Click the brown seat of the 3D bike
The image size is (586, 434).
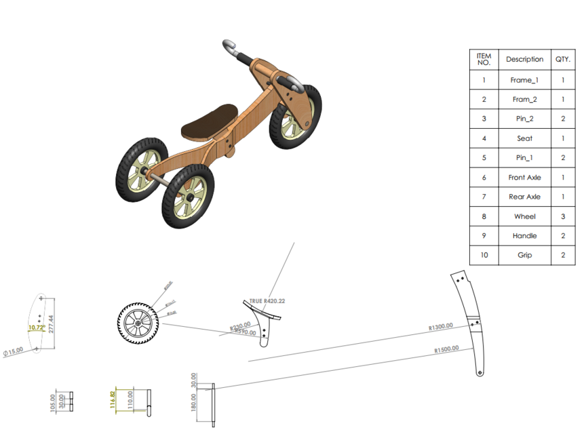(209, 121)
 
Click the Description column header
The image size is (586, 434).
(524, 60)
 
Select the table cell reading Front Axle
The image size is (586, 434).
(524, 178)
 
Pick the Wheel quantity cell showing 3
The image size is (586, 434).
(563, 216)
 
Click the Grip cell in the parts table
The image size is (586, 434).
(524, 256)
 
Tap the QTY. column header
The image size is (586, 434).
(563, 60)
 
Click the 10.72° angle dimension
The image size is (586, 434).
(35, 328)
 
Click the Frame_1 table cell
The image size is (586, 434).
(524, 80)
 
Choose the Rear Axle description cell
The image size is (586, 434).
(524, 197)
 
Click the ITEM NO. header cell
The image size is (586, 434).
(484, 59)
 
